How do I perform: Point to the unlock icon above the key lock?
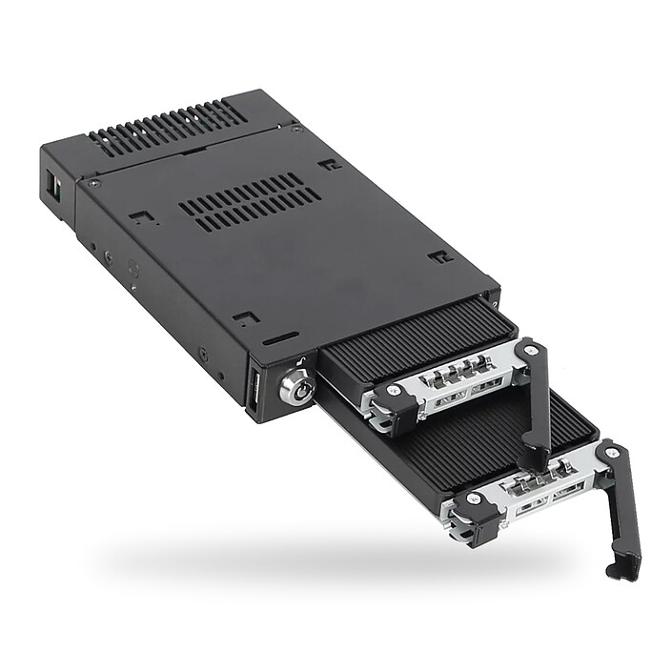pos(297,361)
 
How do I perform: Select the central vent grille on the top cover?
pos(250,200)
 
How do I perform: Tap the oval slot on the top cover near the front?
pos(280,338)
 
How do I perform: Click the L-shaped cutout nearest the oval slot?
pos(245,317)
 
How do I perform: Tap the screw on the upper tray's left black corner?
pos(384,395)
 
